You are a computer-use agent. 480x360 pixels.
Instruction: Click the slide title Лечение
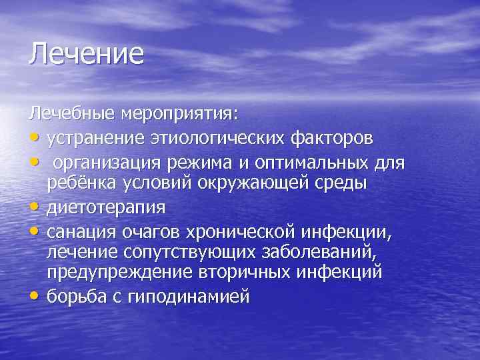click(85, 53)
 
